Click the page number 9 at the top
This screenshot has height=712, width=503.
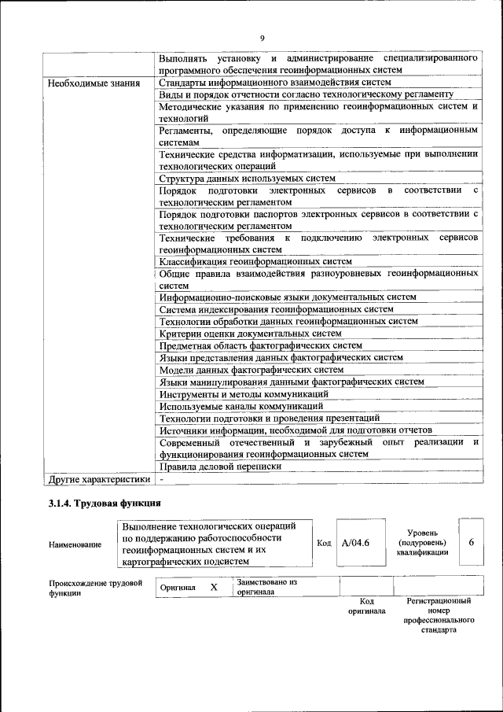[263, 38]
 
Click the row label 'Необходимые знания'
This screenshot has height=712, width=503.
[94, 83]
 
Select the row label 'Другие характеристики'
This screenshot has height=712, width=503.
[98, 478]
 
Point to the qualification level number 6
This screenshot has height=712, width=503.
[471, 543]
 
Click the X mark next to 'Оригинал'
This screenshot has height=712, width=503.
[214, 587]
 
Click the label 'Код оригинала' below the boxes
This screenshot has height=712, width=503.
[366, 606]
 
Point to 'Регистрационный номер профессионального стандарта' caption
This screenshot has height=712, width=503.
[438, 615]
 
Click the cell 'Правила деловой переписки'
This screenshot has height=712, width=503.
[220, 466]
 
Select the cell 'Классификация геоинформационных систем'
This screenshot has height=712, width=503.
[255, 261]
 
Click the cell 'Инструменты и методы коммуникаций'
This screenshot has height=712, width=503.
[243, 393]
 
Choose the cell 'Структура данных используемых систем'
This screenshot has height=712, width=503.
[247, 179]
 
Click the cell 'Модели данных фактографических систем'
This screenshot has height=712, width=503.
[251, 369]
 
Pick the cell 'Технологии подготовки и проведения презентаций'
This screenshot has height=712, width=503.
[269, 418]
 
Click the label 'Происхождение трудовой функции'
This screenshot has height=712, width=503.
[95, 588]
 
